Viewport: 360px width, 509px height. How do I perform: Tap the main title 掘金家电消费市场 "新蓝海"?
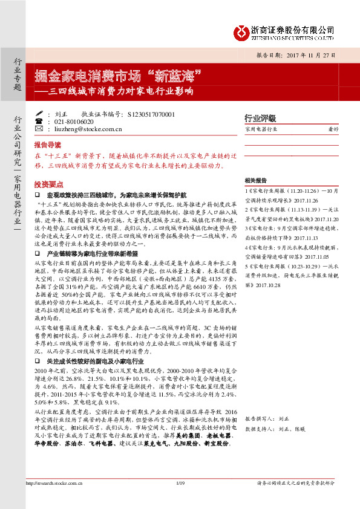(117, 77)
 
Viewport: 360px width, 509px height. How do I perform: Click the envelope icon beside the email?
(39, 129)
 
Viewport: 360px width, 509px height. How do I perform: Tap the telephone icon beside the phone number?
(39, 122)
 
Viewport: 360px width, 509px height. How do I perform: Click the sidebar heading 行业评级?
(260, 118)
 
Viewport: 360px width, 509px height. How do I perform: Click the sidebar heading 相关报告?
(255, 181)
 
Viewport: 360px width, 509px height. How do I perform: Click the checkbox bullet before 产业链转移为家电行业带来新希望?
(38, 254)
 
